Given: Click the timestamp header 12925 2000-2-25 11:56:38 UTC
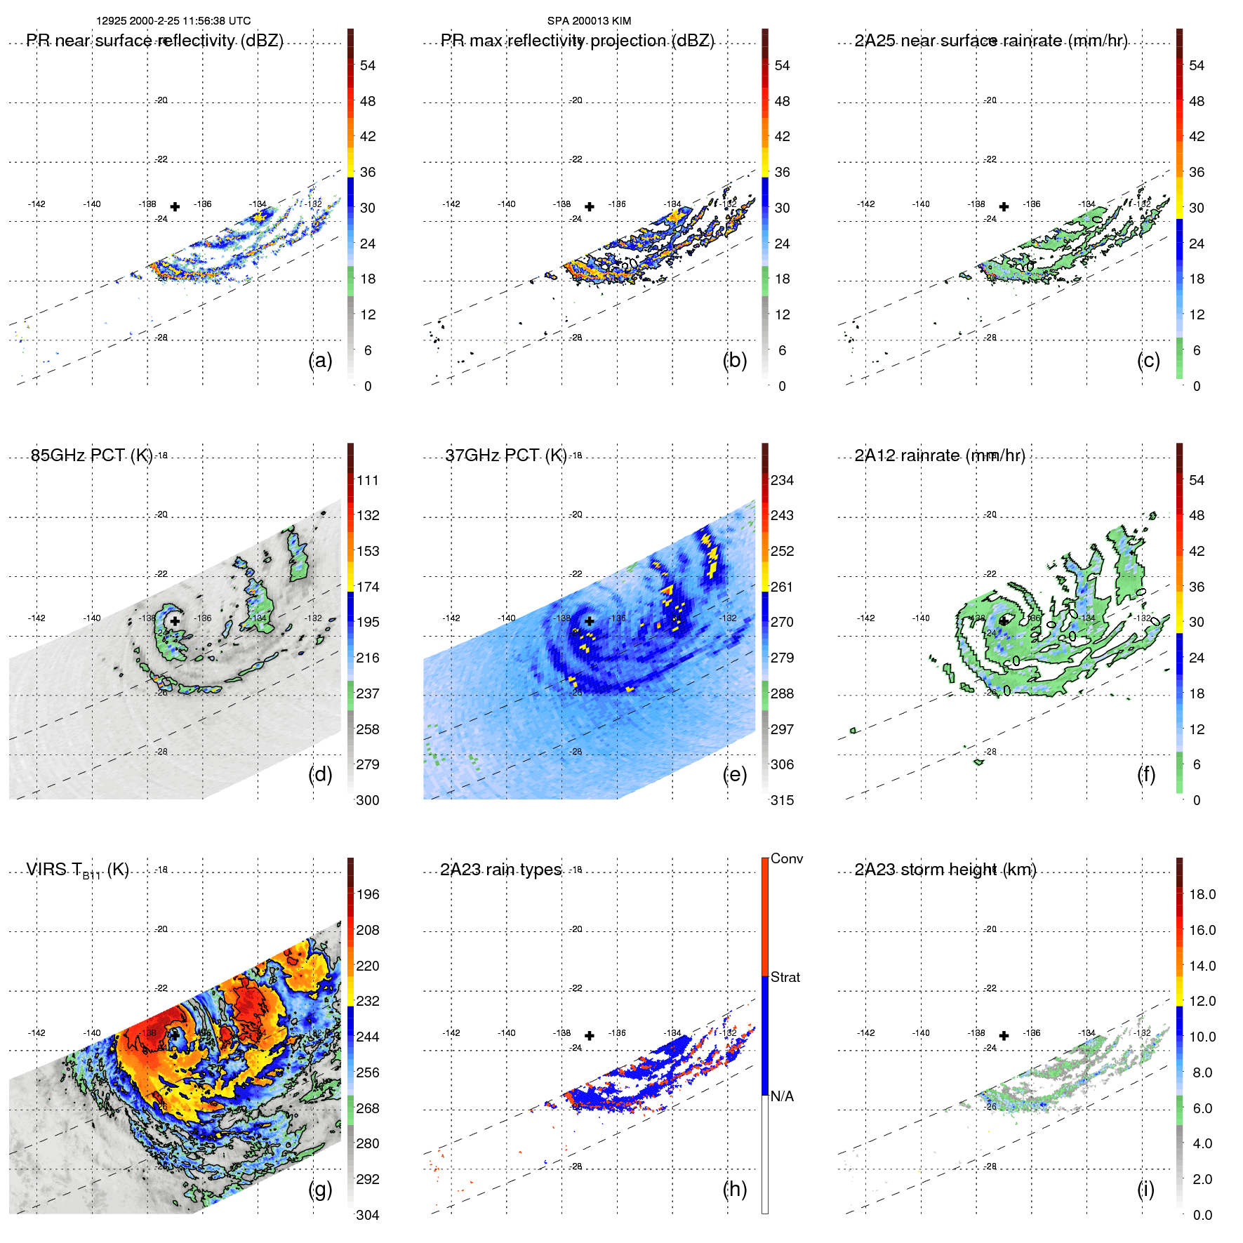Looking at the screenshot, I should pos(173,21).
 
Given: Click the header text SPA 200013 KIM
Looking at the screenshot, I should pos(589,21).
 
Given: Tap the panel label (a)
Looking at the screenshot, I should pos(320,360).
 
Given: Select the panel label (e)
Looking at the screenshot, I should pos(734,774).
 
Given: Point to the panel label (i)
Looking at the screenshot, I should pos(1145,1189).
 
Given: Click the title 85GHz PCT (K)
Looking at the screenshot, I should pos(91,456).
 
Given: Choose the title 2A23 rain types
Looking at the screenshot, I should pos(500,870).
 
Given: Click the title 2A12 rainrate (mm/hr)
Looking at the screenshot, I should pos(940,456).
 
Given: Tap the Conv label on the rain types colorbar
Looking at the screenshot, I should pos(787,858).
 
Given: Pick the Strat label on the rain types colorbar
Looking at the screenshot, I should pos(785,977).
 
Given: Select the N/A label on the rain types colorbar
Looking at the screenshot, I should pos(782,1096).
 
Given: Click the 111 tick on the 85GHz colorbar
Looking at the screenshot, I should pos(368,480).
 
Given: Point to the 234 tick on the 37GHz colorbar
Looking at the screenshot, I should pos(782,480).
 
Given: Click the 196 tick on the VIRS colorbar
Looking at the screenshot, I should pos(368,894).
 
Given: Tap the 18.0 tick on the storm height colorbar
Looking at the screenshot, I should pos(1202,894).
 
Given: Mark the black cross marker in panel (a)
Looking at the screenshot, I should pos(175,206).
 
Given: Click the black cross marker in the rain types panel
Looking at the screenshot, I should pos(590,1035).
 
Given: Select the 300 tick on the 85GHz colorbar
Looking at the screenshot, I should pos(368,800).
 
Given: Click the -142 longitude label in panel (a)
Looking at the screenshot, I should pos(36,204).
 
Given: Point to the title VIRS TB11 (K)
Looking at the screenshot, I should pos(77,870).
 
